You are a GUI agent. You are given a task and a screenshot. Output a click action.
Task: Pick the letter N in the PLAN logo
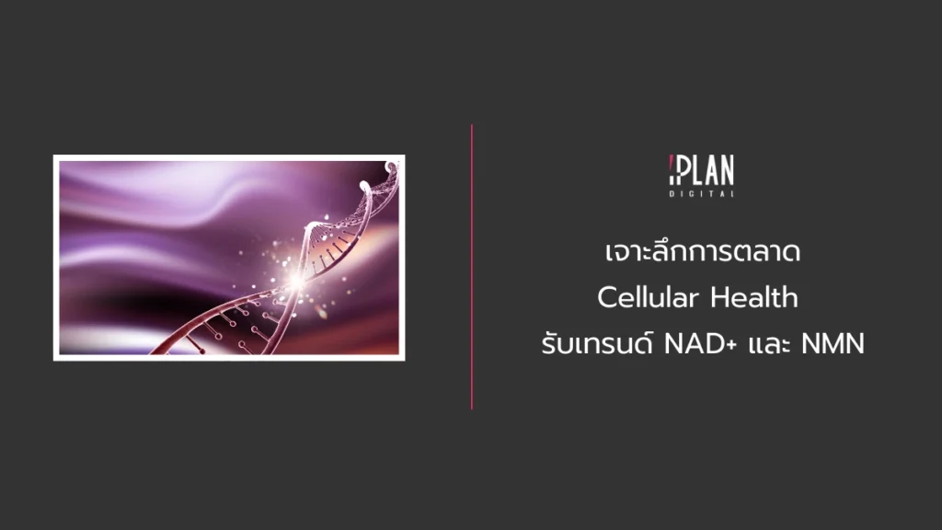tap(726, 172)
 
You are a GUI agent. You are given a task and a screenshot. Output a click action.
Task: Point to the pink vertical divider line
tap(472, 267)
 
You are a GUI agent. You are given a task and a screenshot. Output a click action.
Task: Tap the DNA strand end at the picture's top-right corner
tap(393, 167)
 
